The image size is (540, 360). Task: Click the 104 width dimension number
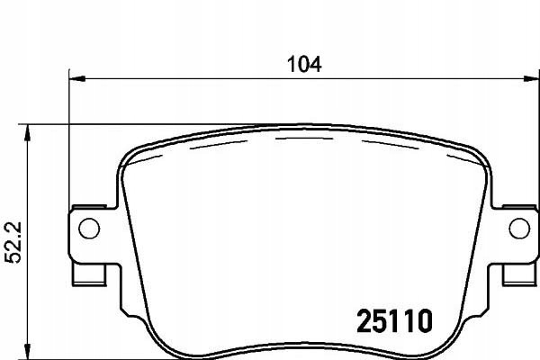[304, 65]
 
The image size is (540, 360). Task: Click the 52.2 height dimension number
[13, 242]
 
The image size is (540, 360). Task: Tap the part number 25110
[394, 321]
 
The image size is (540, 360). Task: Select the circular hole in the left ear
[89, 228]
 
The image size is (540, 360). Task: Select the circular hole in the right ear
[519, 228]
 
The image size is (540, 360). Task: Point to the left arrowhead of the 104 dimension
[76, 79]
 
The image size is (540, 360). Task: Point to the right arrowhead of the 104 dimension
[531, 79]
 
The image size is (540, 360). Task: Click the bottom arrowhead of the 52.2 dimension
[27, 351]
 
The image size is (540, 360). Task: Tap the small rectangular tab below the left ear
[89, 274]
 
